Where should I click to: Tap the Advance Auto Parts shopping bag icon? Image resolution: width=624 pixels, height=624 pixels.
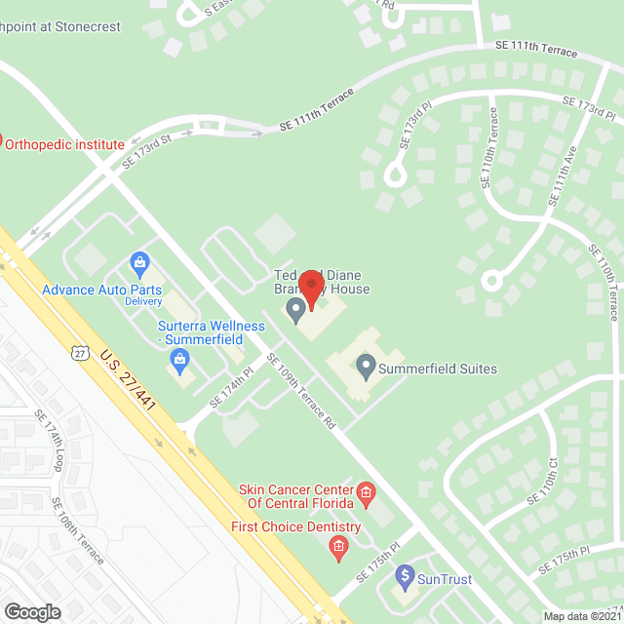(x=140, y=263)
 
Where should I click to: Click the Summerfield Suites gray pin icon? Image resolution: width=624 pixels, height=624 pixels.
(x=366, y=368)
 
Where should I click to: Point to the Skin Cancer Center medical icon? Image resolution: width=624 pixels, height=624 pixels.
(x=366, y=493)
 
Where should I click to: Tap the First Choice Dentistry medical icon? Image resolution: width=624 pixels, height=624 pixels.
(x=338, y=547)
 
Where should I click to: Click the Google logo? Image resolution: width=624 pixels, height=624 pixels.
(x=32, y=611)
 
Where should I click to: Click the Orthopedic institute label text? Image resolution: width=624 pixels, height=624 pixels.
(x=65, y=144)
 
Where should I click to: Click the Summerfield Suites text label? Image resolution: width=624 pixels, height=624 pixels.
(x=437, y=369)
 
